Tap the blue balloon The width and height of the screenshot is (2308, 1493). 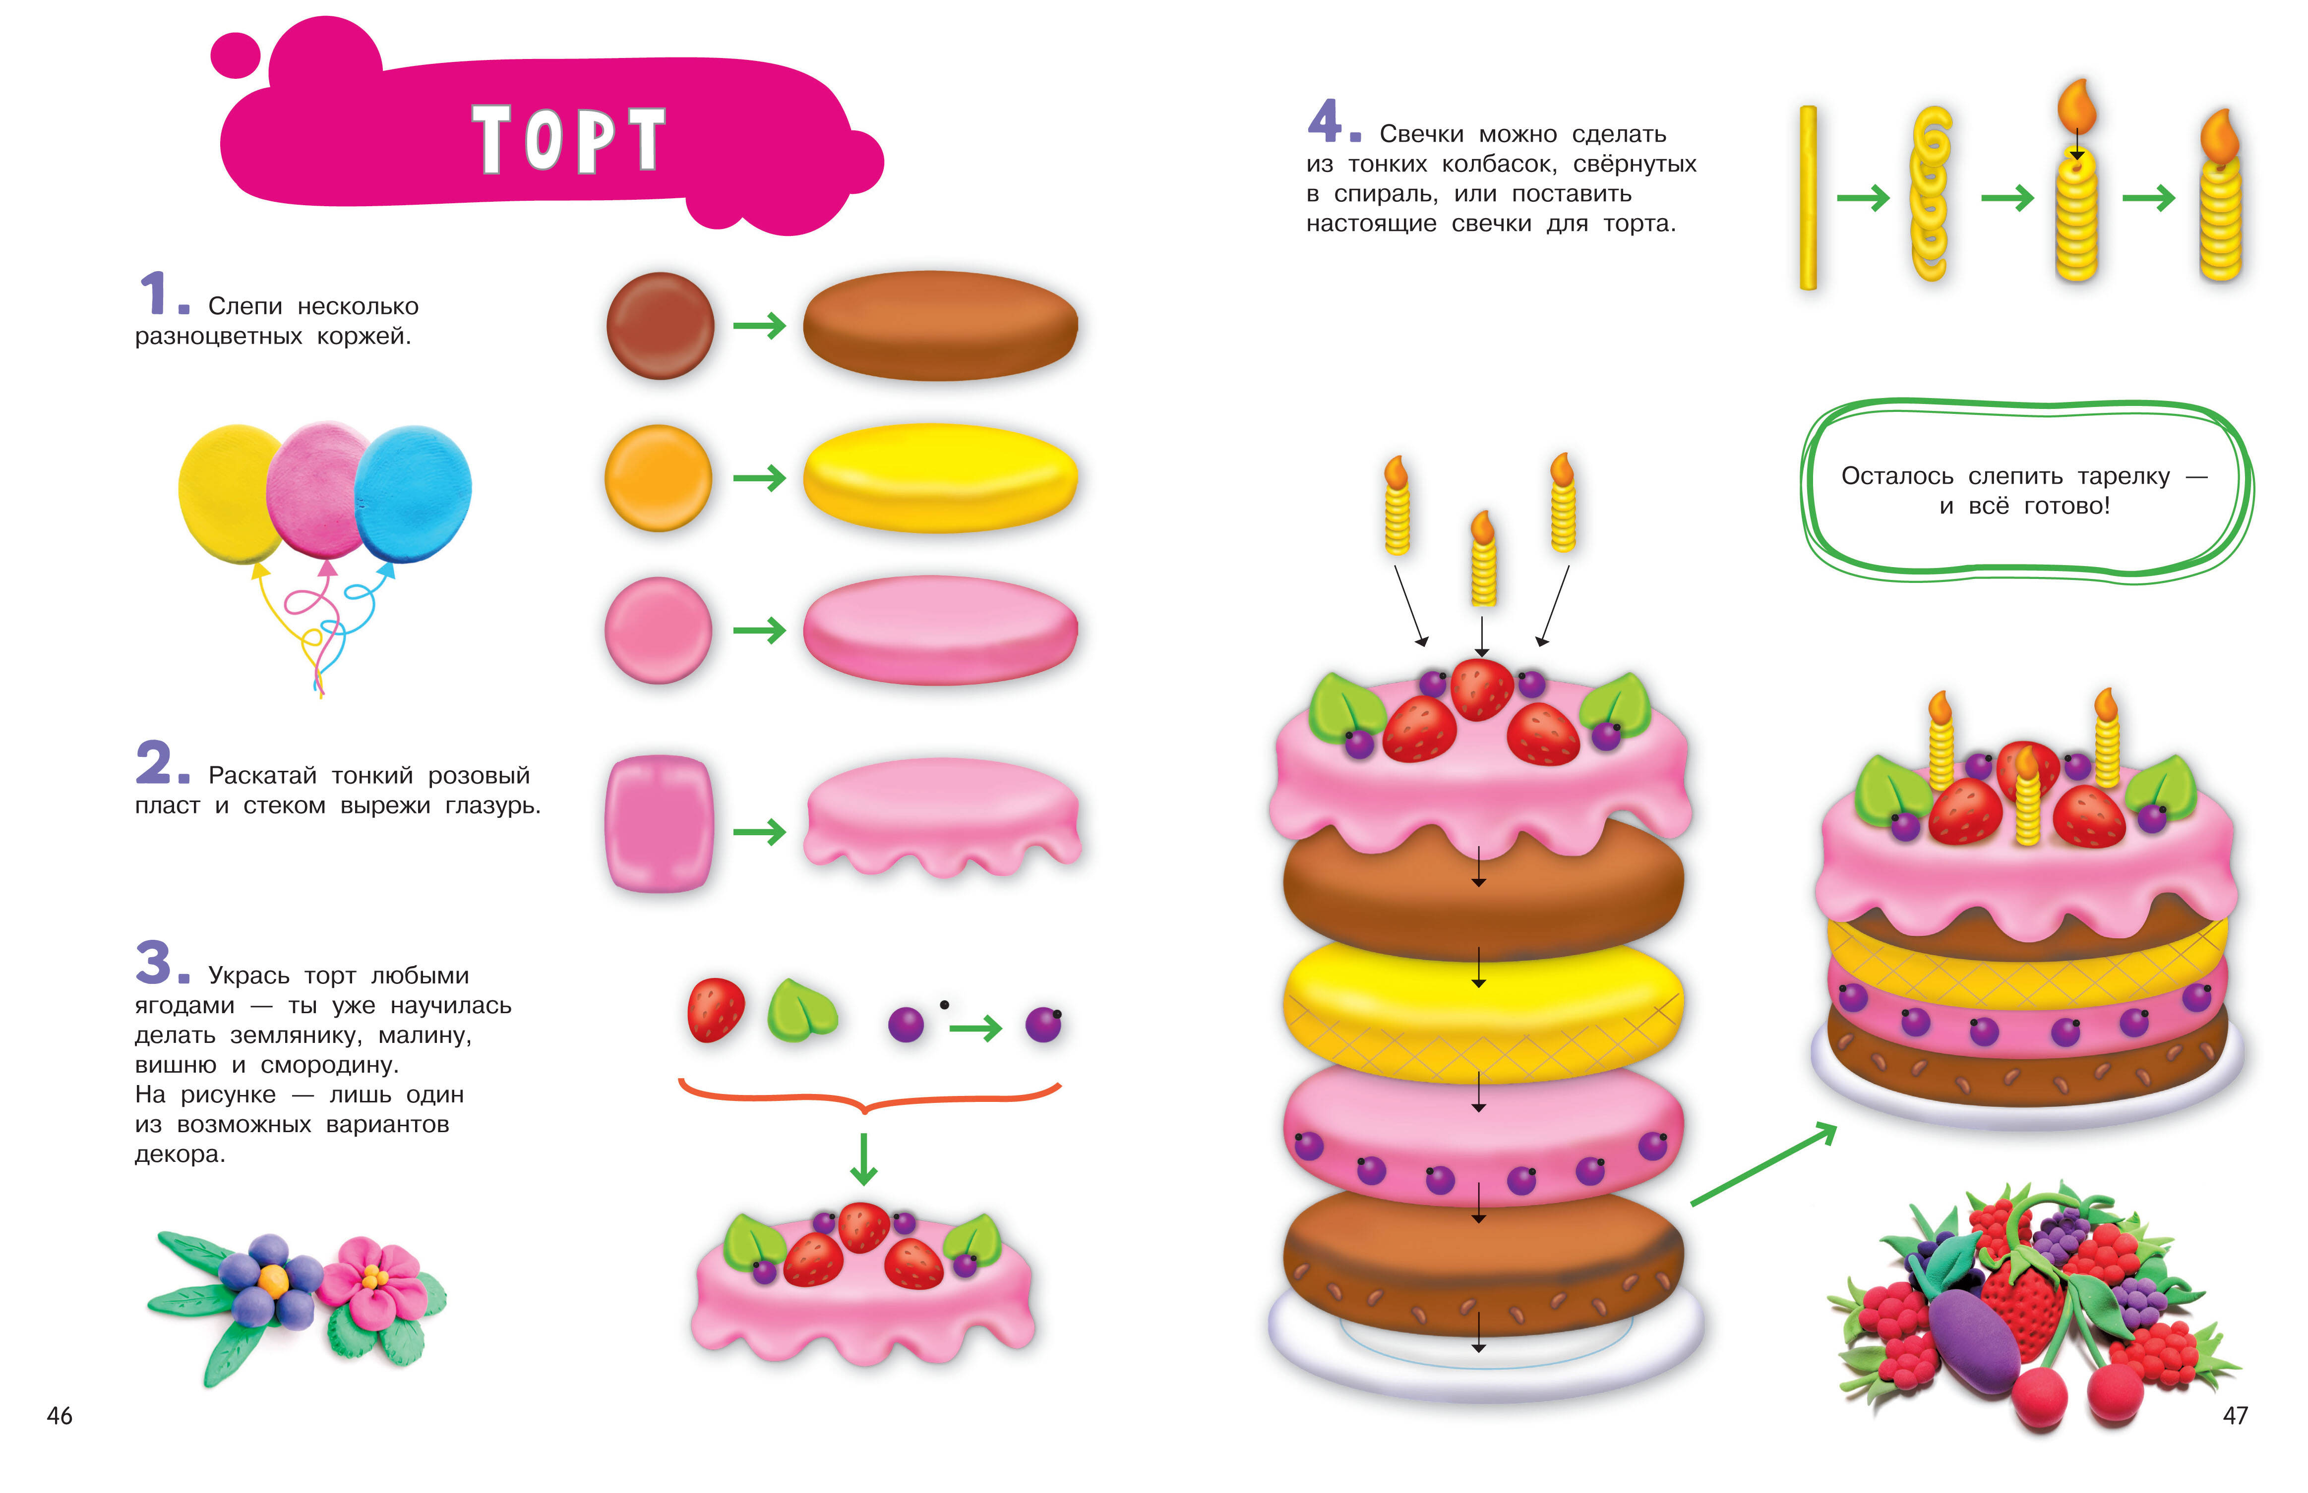tap(414, 494)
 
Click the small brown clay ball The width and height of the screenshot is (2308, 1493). tap(661, 326)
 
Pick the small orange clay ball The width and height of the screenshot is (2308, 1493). tap(659, 478)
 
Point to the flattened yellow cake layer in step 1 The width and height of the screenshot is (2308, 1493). tap(940, 478)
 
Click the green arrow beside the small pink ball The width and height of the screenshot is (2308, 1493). tap(759, 631)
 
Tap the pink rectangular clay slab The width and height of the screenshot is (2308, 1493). tap(660, 823)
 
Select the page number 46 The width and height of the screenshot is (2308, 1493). tap(60, 1416)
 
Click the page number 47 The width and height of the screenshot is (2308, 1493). tap(2235, 1416)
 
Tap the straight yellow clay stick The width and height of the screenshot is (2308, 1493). tap(1809, 198)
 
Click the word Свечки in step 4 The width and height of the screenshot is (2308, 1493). tap(1420, 134)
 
